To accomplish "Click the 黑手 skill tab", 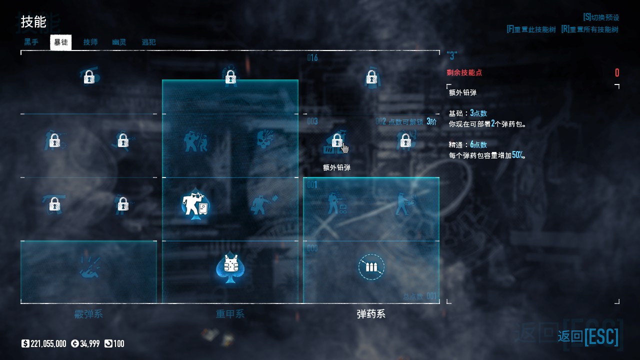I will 31,42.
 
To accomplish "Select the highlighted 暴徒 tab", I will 61,42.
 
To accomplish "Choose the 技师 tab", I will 90,42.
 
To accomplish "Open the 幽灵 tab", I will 119,42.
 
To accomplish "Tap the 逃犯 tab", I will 148,42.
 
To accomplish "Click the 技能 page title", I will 33,22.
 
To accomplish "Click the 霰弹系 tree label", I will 88,314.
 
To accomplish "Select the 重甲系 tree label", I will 230,314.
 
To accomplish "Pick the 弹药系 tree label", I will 371,314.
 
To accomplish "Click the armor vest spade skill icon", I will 230,266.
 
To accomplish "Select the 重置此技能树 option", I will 531,29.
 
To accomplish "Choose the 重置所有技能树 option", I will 589,29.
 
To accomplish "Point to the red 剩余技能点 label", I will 464,72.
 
